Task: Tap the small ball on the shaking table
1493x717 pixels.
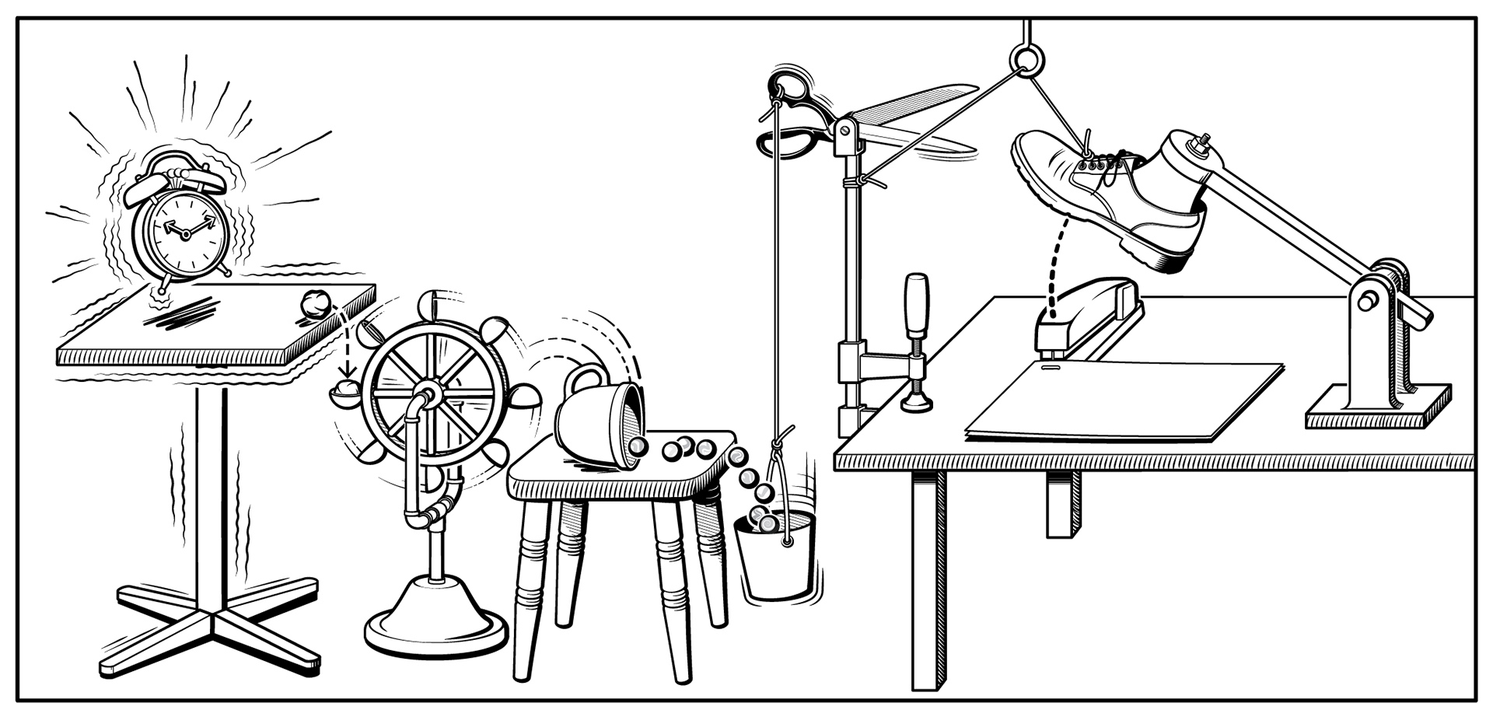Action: pos(316,303)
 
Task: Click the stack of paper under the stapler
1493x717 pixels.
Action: pos(1120,400)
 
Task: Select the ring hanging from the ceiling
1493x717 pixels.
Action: pos(1028,58)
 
